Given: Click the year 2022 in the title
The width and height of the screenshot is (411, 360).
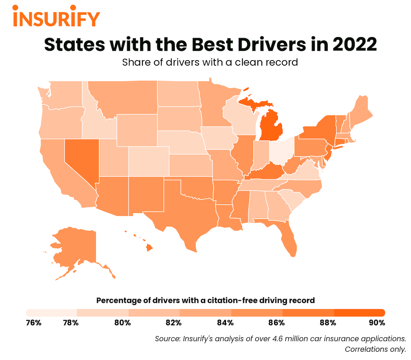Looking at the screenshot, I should (x=354, y=44).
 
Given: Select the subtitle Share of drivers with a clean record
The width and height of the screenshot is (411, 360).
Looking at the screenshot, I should (x=210, y=63).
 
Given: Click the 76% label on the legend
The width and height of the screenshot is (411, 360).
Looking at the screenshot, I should (x=34, y=323).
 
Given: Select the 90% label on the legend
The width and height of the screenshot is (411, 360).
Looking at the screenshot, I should (x=377, y=323).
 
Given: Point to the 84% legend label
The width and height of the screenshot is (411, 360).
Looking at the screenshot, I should (x=225, y=323).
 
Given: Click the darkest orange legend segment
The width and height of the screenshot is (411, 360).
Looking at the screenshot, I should (x=360, y=312).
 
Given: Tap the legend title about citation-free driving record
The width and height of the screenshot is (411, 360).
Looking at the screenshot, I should (x=206, y=301).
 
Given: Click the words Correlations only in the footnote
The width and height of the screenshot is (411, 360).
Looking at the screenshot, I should (x=375, y=349).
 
